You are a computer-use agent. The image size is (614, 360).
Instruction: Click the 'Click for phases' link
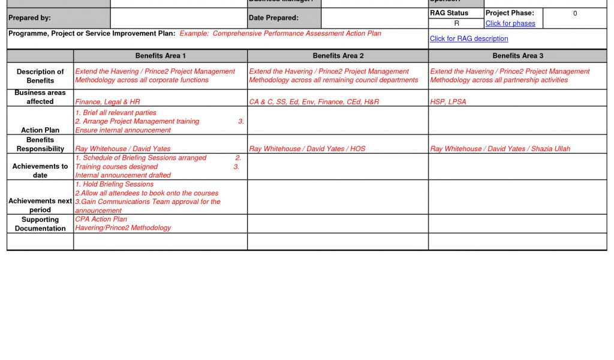(510, 23)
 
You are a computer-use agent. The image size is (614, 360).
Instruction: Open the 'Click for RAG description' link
(469, 38)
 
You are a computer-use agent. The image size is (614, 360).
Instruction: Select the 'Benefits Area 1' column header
(160, 56)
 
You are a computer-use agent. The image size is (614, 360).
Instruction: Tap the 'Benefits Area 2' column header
(338, 56)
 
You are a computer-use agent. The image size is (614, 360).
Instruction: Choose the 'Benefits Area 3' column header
(517, 56)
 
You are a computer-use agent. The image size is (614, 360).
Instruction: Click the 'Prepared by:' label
(29, 18)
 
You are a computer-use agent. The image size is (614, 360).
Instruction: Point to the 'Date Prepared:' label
(273, 18)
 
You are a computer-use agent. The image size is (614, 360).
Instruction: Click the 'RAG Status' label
(449, 13)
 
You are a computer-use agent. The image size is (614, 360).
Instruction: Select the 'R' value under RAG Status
(456, 23)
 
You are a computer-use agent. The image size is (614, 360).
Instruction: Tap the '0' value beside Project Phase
(574, 13)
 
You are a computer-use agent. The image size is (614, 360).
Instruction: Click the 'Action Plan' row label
(40, 130)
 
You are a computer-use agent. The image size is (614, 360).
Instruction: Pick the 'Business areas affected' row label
(40, 97)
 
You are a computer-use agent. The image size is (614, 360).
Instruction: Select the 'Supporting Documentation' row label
(40, 224)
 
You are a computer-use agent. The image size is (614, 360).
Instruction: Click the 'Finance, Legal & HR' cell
(107, 102)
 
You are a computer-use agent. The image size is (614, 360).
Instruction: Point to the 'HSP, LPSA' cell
(448, 102)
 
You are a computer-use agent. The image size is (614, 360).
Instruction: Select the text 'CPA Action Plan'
(101, 219)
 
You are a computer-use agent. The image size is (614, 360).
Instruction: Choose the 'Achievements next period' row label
(40, 205)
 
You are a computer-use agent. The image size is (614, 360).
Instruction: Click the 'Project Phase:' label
(510, 13)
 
